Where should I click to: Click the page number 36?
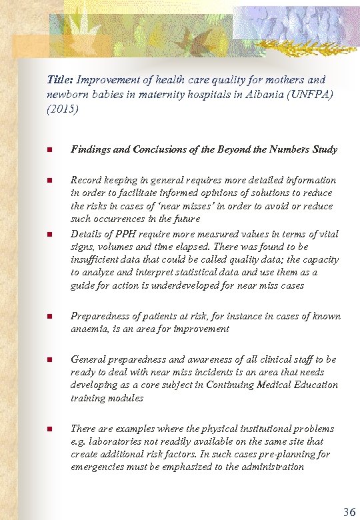click(x=349, y=512)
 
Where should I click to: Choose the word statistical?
click(x=178, y=273)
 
